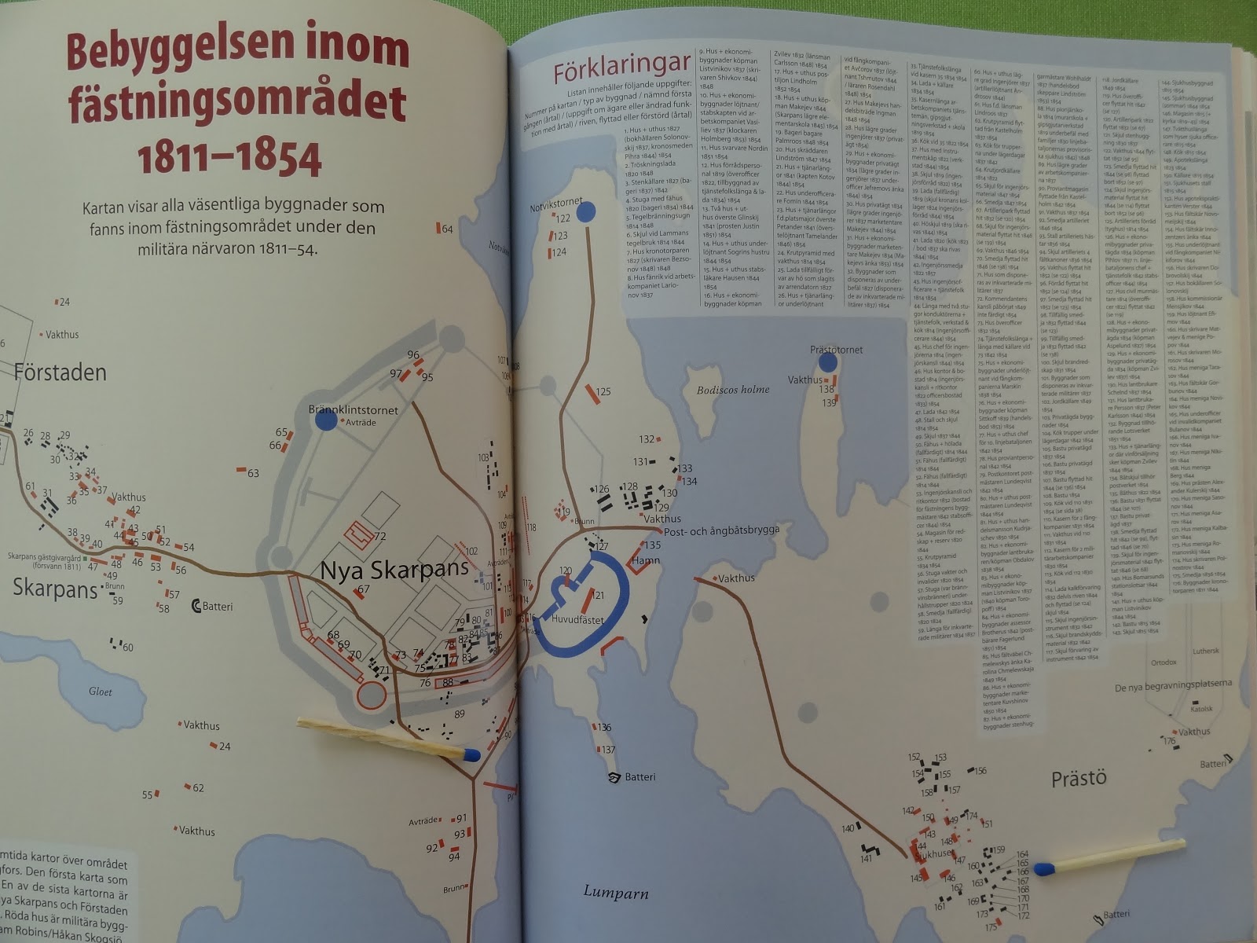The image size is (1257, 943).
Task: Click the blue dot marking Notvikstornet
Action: coord(585,213)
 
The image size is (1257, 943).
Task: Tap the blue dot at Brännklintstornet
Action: coord(325,420)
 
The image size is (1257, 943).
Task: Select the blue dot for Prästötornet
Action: coord(826,362)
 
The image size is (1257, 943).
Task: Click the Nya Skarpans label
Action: coord(394,570)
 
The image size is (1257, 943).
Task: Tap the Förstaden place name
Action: coord(60,372)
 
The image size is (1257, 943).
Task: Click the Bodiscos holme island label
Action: coord(733,390)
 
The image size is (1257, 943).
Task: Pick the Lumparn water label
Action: coord(614,891)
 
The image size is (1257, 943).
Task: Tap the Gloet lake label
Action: coord(100,692)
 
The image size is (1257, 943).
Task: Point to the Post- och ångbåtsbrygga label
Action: coord(721,530)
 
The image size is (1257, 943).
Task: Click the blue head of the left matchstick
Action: coord(471,755)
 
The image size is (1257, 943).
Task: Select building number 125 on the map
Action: coord(603,391)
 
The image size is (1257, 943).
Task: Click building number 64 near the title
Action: coord(447,229)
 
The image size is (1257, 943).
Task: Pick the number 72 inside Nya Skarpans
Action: coord(380,537)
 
